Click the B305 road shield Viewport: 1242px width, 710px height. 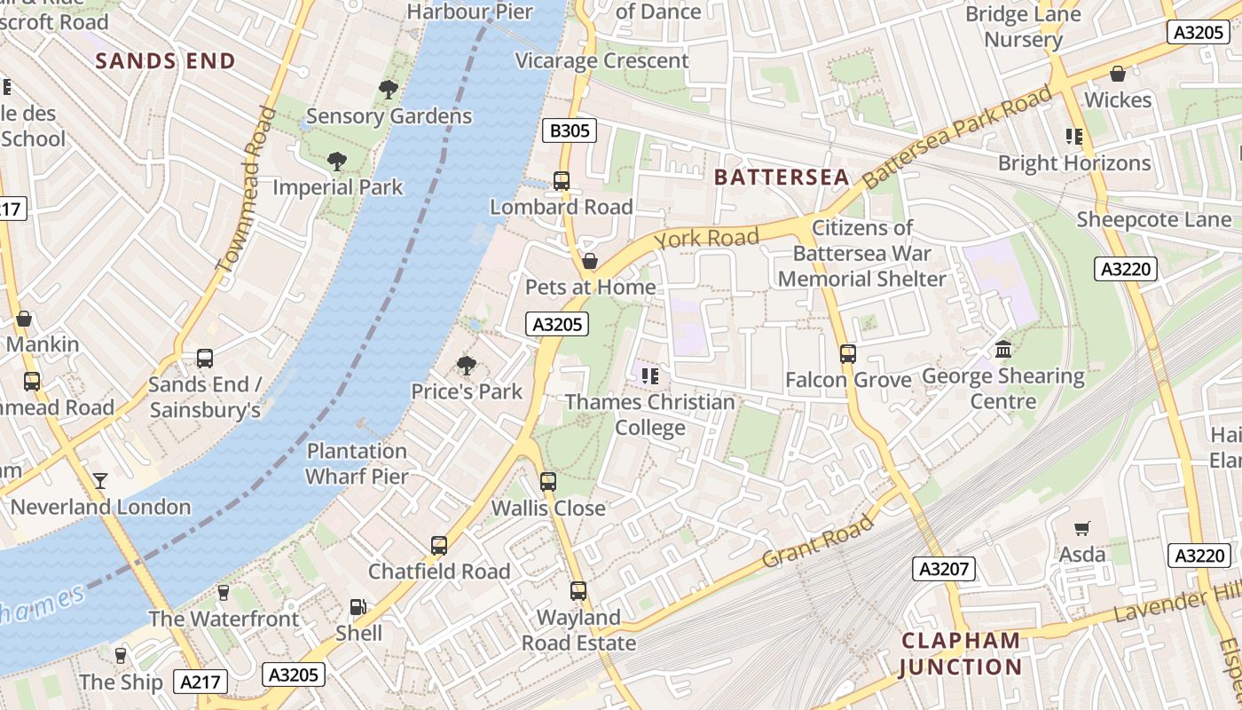[570, 131]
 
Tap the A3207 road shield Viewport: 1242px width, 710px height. [945, 569]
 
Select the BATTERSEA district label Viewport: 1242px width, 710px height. [782, 177]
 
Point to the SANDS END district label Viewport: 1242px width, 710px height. [165, 61]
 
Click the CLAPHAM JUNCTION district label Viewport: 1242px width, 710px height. [961, 653]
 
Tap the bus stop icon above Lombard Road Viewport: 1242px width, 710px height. [562, 181]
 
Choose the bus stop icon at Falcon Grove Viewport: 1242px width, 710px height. [847, 354]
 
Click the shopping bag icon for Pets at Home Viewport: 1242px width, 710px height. [589, 261]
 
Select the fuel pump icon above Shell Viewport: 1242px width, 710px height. [358, 608]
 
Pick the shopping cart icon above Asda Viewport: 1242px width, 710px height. [1081, 529]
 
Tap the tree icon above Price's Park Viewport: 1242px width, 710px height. [466, 365]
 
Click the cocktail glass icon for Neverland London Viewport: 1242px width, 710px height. [100, 481]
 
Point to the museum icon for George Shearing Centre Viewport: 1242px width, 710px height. [1003, 350]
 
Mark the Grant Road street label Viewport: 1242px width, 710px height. [818, 543]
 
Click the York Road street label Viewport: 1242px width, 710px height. [706, 238]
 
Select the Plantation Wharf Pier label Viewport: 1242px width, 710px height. [357, 463]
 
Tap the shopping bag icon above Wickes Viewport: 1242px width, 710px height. [1118, 74]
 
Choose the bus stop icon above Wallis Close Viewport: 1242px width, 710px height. [548, 482]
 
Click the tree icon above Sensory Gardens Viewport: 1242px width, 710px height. [388, 89]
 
